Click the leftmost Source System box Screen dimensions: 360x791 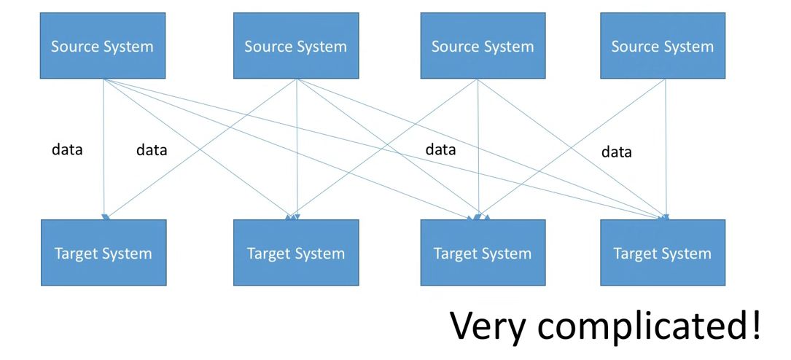(102, 46)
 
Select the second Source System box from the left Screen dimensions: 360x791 (295, 46)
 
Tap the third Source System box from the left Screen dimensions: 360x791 (483, 46)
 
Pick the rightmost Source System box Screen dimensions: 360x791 (662, 46)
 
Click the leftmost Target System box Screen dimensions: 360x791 (103, 253)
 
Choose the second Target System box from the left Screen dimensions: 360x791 (295, 253)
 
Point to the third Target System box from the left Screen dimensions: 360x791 (483, 253)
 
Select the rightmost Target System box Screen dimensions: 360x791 (662, 253)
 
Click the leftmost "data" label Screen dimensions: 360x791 (67, 150)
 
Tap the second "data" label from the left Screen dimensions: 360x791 (152, 151)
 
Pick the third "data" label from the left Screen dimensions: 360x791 (440, 150)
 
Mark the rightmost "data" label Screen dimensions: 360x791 (616, 152)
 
